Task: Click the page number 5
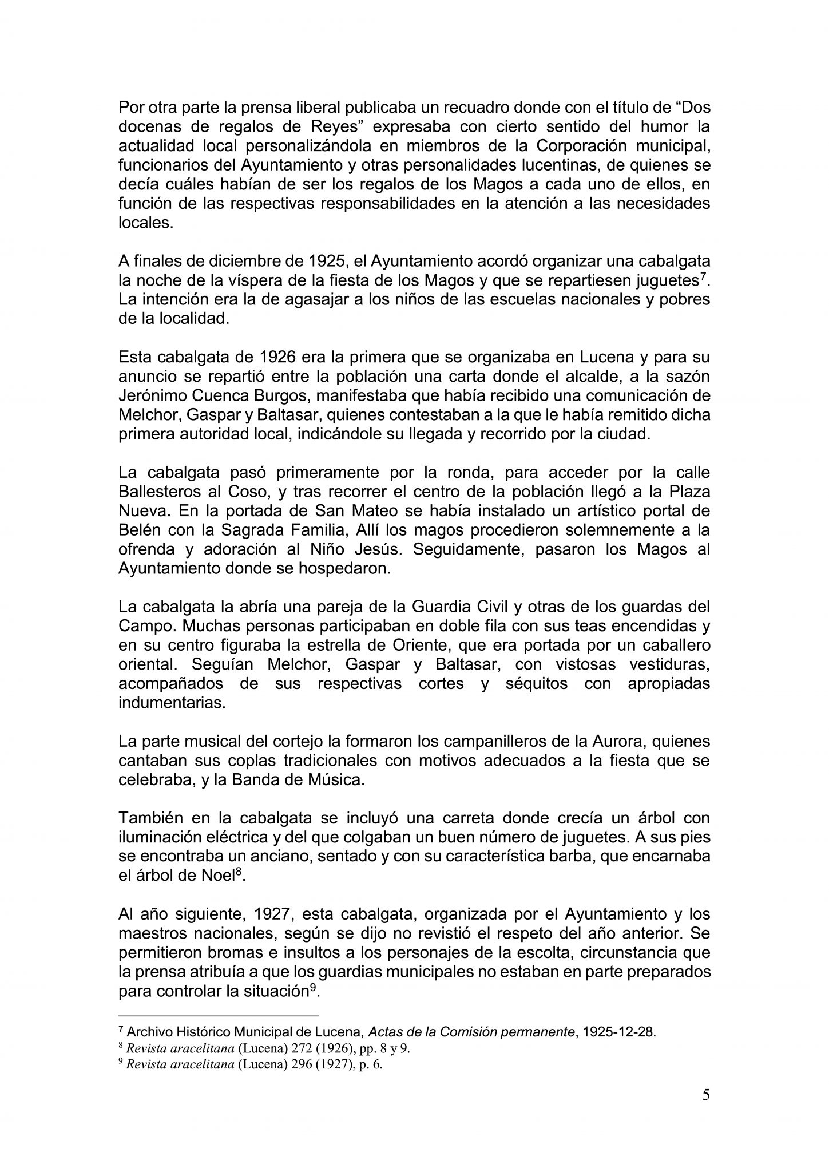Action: point(706,1095)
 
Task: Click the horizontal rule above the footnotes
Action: point(218,1016)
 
